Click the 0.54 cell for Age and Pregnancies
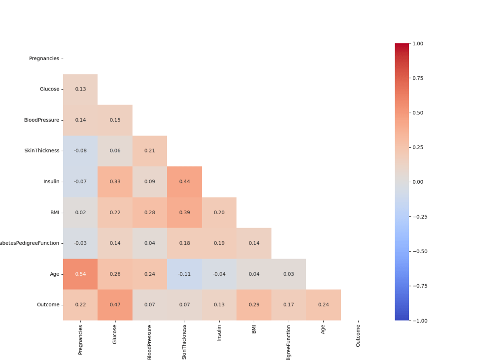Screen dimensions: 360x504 pyautogui.click(x=80, y=274)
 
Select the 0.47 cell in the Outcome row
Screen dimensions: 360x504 pyautogui.click(x=115, y=305)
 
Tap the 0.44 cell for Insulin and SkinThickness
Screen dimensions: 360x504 pyautogui.click(x=184, y=182)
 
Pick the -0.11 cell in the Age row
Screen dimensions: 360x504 pyautogui.click(x=184, y=274)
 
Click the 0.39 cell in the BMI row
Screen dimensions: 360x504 pyautogui.click(x=184, y=212)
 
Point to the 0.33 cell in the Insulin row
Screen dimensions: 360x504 pyautogui.click(x=115, y=182)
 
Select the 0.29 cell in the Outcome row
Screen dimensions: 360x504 pyautogui.click(x=254, y=305)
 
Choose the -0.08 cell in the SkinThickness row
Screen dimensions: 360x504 pyautogui.click(x=80, y=151)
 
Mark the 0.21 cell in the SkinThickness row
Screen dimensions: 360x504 pyautogui.click(x=150, y=151)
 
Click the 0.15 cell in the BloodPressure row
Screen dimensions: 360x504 pyautogui.click(x=115, y=120)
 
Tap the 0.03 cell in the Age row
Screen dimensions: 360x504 pyautogui.click(x=288, y=274)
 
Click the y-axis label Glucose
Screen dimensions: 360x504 pyautogui.click(x=49, y=89)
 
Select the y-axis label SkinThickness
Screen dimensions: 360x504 pyautogui.click(x=41, y=151)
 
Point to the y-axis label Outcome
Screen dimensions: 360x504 pyautogui.click(x=48, y=305)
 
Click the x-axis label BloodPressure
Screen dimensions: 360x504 pyautogui.click(x=150, y=341)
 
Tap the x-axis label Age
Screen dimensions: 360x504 pyautogui.click(x=323, y=329)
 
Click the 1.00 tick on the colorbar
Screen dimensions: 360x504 pyautogui.click(x=418, y=43)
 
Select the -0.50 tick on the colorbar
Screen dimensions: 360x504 pyautogui.click(x=420, y=251)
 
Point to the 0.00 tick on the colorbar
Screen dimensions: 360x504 pyautogui.click(x=418, y=182)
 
